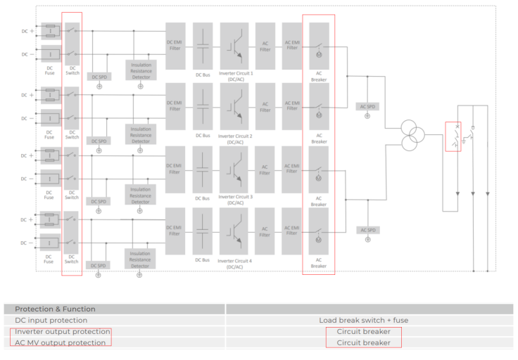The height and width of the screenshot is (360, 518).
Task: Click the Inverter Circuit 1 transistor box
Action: coord(234,46)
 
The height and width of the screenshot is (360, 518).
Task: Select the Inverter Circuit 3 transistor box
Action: coord(234,169)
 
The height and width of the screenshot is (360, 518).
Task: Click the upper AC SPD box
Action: coord(367,107)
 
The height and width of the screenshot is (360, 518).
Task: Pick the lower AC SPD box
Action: coord(367,230)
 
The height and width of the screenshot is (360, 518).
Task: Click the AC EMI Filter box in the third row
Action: coord(291,169)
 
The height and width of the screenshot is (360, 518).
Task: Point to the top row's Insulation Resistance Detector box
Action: coord(140,70)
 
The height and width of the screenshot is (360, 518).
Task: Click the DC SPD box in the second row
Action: coord(99,141)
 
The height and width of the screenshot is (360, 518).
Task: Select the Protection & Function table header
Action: coord(56,309)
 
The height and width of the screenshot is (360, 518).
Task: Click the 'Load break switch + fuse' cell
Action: coord(363,320)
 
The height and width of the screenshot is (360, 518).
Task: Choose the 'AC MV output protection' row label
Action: coord(61,342)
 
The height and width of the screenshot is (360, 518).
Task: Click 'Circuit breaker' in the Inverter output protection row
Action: coord(363,331)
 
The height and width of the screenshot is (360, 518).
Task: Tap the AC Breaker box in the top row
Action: coord(319,46)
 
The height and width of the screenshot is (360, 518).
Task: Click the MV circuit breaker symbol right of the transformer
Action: coord(453,136)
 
